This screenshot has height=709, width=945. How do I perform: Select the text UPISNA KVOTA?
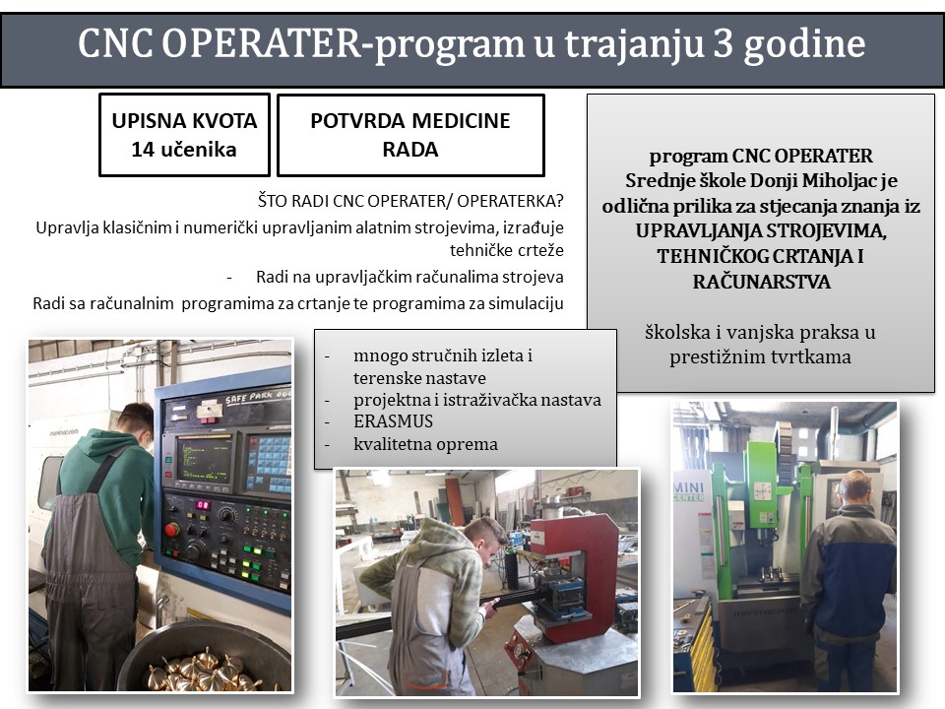[184, 120]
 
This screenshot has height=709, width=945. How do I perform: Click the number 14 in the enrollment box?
[143, 149]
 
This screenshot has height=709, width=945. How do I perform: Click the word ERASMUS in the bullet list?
[393, 420]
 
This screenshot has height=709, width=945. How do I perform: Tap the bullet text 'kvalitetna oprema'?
[425, 444]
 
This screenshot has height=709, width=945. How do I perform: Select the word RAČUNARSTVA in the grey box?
[761, 282]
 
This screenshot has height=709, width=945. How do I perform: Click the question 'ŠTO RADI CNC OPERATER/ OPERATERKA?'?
[410, 201]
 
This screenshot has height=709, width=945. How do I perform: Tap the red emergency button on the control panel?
[171, 530]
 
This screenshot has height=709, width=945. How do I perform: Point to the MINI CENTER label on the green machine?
[688, 491]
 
